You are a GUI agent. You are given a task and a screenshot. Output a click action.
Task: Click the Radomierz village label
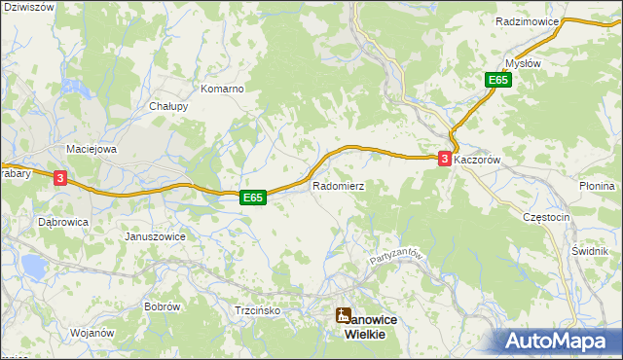[338, 185]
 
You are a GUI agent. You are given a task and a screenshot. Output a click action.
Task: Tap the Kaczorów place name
[477, 158]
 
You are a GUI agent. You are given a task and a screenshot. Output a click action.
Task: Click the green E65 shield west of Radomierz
[253, 198]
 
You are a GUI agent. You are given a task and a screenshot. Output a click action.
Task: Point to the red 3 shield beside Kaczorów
[445, 159]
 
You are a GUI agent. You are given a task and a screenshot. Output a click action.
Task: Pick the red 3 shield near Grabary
[60, 178]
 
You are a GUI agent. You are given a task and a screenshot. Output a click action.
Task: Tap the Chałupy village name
[167, 107]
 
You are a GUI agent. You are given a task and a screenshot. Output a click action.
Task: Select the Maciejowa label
[91, 149]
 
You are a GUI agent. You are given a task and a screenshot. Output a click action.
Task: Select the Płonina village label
[597, 186]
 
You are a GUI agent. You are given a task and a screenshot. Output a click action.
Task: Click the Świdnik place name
[590, 249]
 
